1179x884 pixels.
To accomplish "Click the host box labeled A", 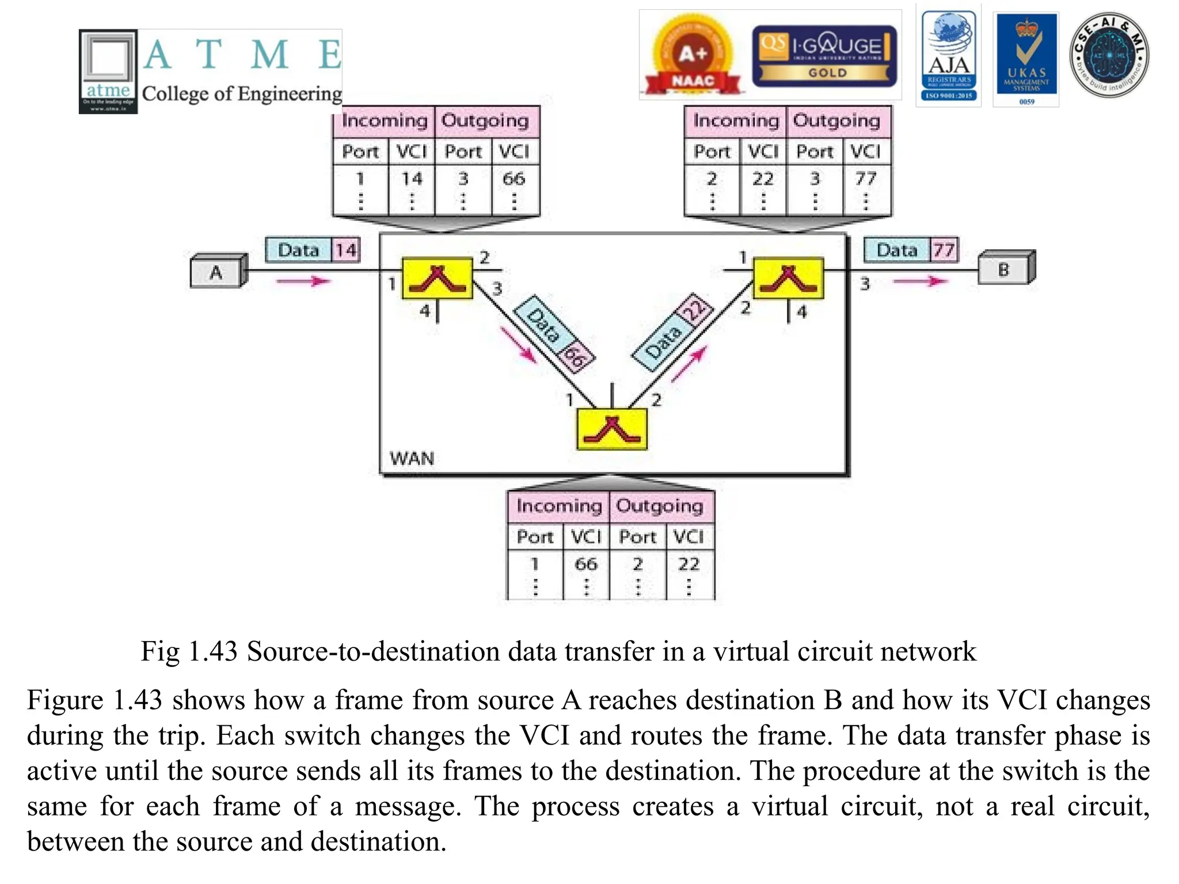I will tap(216, 272).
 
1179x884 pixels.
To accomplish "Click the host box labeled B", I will tap(1004, 269).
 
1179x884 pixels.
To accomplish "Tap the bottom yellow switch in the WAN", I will tap(612, 429).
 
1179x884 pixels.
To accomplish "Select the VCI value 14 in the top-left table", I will tap(412, 179).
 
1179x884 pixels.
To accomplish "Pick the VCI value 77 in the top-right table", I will tap(866, 179).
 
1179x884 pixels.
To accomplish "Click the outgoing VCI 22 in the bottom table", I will tap(689, 564).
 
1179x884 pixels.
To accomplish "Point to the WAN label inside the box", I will tap(412, 459).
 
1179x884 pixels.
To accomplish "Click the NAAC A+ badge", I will tap(693, 56).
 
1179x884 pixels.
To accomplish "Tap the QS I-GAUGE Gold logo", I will tap(824, 56).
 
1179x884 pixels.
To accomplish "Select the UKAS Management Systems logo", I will tap(1026, 59).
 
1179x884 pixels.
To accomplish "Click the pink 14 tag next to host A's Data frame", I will tap(346, 250).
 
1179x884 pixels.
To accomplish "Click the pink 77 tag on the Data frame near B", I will tap(944, 250).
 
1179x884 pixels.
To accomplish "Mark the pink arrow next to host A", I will tap(303, 281).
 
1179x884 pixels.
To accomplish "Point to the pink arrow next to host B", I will tap(920, 281).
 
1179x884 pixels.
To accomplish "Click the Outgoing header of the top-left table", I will tap(485, 121).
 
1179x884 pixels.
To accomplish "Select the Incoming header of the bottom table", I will tap(558, 506).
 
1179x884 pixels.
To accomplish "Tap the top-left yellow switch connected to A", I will tap(438, 279).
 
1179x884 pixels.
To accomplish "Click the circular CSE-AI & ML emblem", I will tap(1109, 56).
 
